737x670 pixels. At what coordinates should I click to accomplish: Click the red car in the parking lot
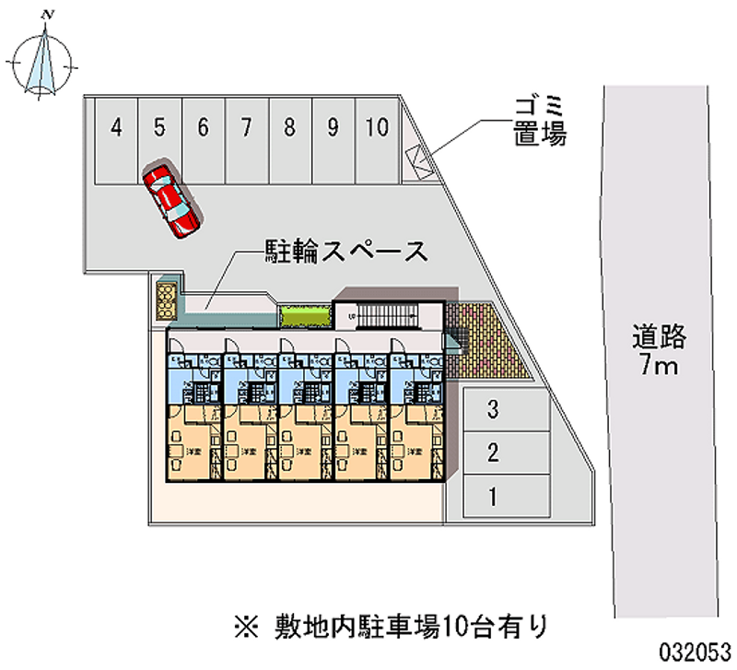click(171, 200)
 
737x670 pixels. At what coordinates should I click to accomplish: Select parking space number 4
click(116, 138)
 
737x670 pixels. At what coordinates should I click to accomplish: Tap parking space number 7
click(246, 138)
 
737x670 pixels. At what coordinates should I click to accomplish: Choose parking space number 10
click(375, 138)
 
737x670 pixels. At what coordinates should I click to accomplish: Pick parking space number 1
click(494, 498)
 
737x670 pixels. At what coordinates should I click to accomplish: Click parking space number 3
click(494, 408)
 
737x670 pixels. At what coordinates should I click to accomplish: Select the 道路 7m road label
click(659, 351)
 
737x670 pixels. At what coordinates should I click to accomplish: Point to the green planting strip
click(304, 316)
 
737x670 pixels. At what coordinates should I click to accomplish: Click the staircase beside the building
click(387, 316)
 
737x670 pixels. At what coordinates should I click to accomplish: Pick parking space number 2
click(494, 453)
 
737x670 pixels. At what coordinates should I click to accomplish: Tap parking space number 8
click(289, 138)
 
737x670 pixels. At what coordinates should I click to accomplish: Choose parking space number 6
click(203, 138)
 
